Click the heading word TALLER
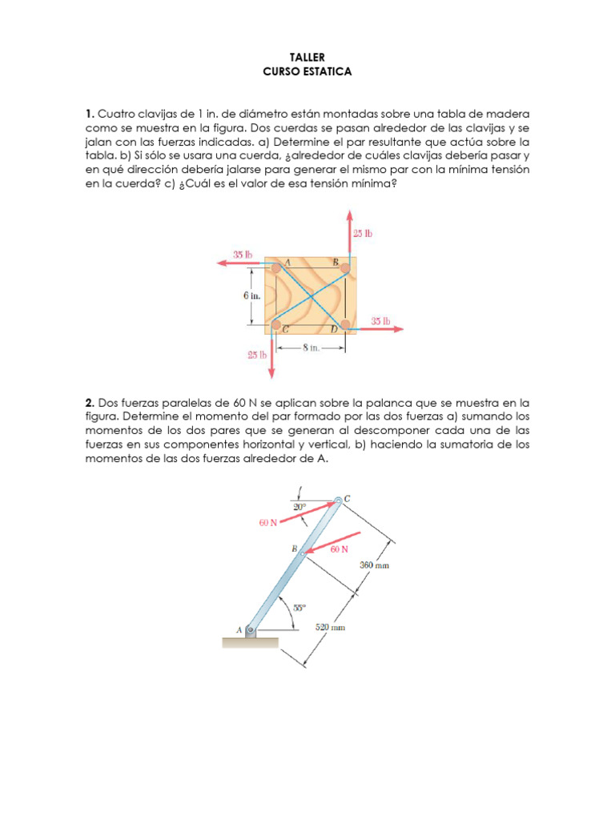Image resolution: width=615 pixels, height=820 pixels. click(x=307, y=58)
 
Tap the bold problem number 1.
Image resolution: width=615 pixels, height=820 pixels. click(x=90, y=114)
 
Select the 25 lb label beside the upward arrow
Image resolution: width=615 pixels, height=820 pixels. click(x=363, y=234)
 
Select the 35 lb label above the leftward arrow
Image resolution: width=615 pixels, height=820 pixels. click(x=243, y=255)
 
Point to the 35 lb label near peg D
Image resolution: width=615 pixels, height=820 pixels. click(x=380, y=321)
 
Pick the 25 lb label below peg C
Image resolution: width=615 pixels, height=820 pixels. click(x=256, y=354)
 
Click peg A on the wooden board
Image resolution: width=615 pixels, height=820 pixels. click(x=275, y=268)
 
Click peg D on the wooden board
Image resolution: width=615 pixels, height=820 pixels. click(x=345, y=324)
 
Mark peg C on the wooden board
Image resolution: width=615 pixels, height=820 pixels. click(x=275, y=324)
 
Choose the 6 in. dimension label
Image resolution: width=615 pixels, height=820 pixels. click(x=252, y=295)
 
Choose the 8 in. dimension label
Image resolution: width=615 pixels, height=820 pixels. click(x=310, y=348)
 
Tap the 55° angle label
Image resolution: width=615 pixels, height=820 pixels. click(x=298, y=607)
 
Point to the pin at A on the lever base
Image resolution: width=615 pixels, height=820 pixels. click(x=250, y=630)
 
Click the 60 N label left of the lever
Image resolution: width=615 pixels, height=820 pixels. click(x=268, y=522)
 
